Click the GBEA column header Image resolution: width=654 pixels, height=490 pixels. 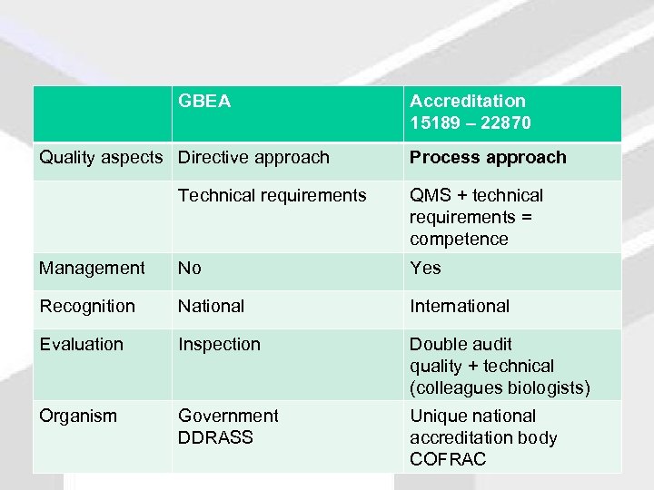(x=204, y=101)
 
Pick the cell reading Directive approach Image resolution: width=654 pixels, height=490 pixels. (x=253, y=157)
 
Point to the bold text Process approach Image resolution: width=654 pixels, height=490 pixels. (x=487, y=157)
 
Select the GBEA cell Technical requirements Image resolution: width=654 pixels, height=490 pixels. (x=272, y=195)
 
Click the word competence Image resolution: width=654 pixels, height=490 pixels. (x=459, y=239)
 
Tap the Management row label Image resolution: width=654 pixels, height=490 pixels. (x=92, y=268)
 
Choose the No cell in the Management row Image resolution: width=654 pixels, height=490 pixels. (x=190, y=268)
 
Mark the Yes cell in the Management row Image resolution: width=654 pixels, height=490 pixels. (x=425, y=268)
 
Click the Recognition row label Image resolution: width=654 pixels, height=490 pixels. (x=87, y=306)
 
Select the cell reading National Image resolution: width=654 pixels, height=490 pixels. (x=211, y=306)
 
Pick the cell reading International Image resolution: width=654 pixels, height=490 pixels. (x=460, y=306)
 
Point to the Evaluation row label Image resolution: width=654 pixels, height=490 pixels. (x=81, y=344)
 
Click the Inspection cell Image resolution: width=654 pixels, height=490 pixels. (x=219, y=344)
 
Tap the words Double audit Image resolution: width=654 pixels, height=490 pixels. (x=461, y=344)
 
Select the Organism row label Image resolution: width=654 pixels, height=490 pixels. (x=78, y=416)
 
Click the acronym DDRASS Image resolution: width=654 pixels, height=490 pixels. (x=215, y=437)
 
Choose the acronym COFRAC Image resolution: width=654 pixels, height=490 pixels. (x=448, y=459)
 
